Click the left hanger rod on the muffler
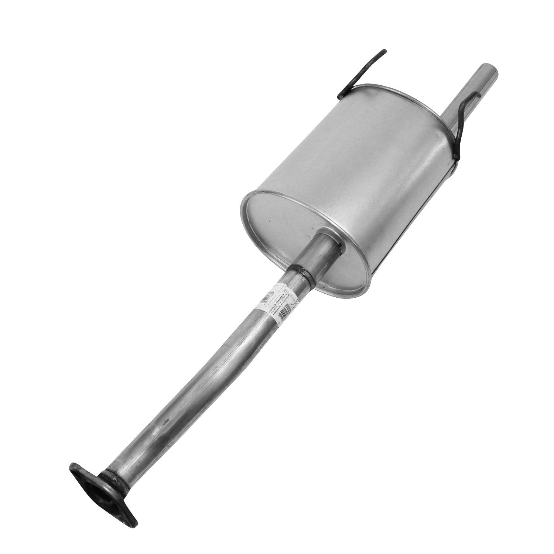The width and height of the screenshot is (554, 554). point(360,72)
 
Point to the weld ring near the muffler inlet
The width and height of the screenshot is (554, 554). point(302,275)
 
